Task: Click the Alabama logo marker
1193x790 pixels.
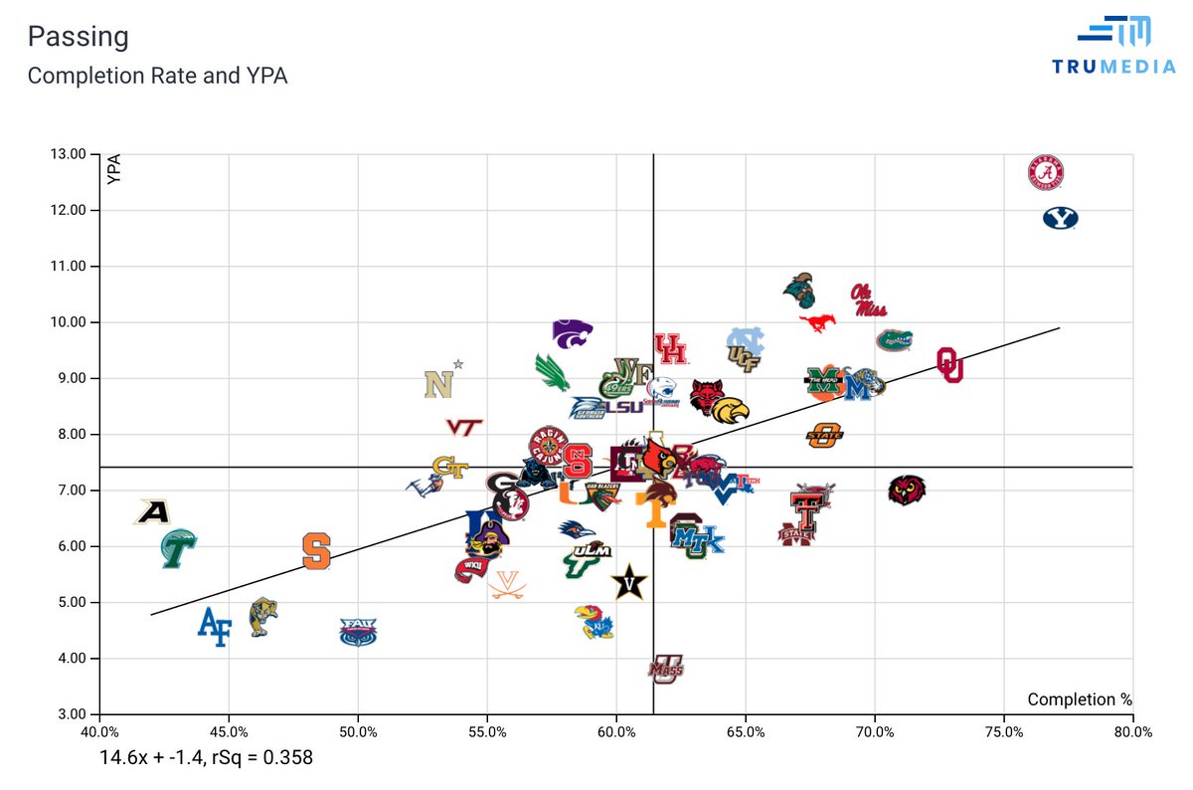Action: tap(1045, 174)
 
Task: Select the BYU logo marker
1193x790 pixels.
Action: tap(1060, 219)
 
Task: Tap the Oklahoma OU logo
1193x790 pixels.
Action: tap(949, 365)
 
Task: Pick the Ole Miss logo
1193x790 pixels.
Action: tap(868, 299)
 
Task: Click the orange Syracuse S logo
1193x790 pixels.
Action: tap(316, 550)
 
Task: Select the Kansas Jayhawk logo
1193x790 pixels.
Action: tap(594, 622)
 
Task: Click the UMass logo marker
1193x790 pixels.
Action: tap(666, 669)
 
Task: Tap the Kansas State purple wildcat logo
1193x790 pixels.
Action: tap(573, 333)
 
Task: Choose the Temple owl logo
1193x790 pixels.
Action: tap(906, 491)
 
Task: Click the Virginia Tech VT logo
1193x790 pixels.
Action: tap(463, 427)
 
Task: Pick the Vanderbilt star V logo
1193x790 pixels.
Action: tap(628, 581)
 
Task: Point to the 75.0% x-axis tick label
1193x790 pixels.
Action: tap(1003, 731)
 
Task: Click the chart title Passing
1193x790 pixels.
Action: tap(78, 37)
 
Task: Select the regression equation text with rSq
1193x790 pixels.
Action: tap(206, 757)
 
